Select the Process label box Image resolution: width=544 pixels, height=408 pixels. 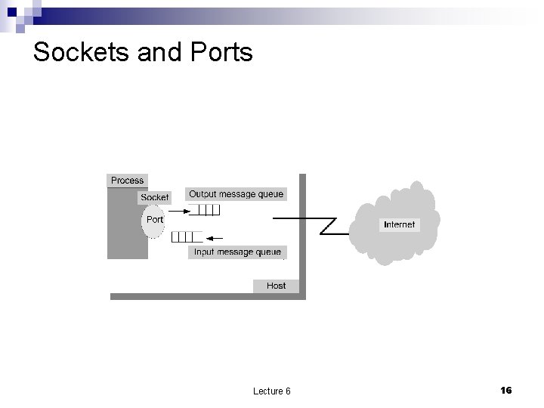click(127, 180)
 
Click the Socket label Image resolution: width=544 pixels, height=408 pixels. click(155, 197)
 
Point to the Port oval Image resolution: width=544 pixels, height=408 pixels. click(154, 220)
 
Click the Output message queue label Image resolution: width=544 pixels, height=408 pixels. click(236, 194)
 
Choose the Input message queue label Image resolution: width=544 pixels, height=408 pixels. click(237, 252)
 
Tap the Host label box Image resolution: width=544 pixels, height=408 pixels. click(277, 286)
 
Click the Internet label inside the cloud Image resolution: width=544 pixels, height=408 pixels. click(399, 224)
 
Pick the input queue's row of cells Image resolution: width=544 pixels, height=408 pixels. click(187, 236)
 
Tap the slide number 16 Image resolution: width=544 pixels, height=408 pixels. click(505, 390)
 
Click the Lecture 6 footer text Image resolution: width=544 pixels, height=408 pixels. click(272, 391)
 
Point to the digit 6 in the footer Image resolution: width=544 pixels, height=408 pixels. click(288, 391)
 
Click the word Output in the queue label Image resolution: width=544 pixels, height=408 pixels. click(204, 194)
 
